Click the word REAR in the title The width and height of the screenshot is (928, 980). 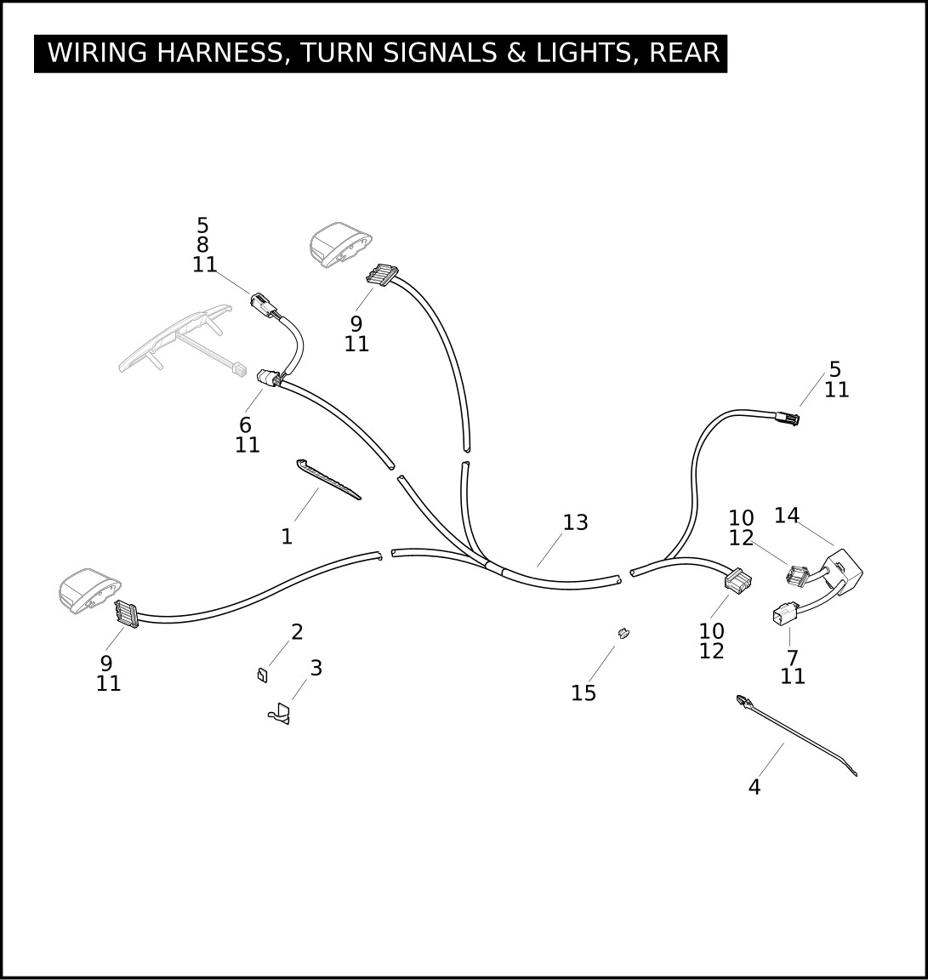[x=684, y=53]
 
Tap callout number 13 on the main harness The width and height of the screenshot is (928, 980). [x=575, y=522]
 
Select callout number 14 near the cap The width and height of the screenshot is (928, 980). [x=786, y=516]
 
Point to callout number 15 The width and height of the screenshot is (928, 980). [x=584, y=693]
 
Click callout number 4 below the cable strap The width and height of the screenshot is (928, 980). [x=754, y=788]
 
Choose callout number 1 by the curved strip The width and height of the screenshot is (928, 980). [x=287, y=537]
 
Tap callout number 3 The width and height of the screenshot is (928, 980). [x=316, y=669]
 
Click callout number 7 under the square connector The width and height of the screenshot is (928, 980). [x=792, y=658]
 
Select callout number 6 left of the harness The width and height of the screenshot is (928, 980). [x=245, y=424]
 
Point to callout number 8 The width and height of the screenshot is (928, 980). [x=202, y=245]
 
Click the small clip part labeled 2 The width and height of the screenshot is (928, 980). [x=261, y=675]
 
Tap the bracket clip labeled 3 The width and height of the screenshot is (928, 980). [x=279, y=715]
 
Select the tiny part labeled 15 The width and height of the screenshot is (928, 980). [x=623, y=633]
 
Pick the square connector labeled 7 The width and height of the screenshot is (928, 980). [x=783, y=615]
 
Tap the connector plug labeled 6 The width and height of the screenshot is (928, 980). [x=270, y=378]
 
